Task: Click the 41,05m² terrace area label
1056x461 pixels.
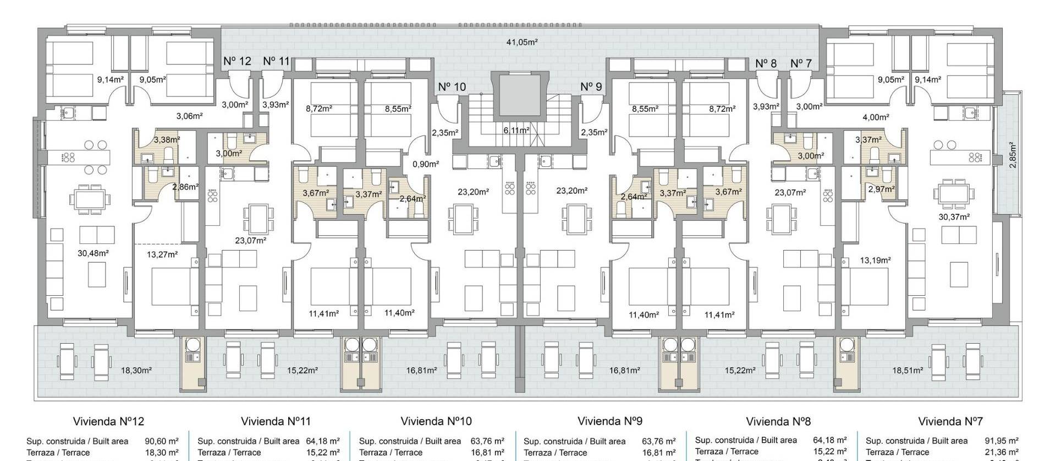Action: point(521,42)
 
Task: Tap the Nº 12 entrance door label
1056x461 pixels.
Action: point(237,61)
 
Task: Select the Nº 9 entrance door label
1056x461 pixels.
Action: point(591,86)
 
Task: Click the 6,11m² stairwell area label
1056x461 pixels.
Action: point(516,131)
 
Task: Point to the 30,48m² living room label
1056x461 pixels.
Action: point(93,253)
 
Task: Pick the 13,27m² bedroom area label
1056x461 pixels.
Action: point(162,254)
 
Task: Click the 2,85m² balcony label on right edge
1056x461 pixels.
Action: point(1013,155)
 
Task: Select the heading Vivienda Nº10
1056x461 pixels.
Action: point(436,421)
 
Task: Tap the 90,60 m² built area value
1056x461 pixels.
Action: point(162,441)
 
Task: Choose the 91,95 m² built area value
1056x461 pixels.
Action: point(1002,441)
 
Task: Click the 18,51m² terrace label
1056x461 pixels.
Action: point(908,371)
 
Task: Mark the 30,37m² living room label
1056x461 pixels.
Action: point(954,217)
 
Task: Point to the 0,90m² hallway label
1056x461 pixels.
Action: point(426,164)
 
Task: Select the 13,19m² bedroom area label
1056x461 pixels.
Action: point(875,260)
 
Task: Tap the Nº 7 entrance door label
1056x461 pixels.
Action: point(801,63)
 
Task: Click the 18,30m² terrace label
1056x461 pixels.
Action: point(136,371)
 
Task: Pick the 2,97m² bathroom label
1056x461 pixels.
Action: point(881,189)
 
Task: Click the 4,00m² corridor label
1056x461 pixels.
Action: point(876,117)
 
